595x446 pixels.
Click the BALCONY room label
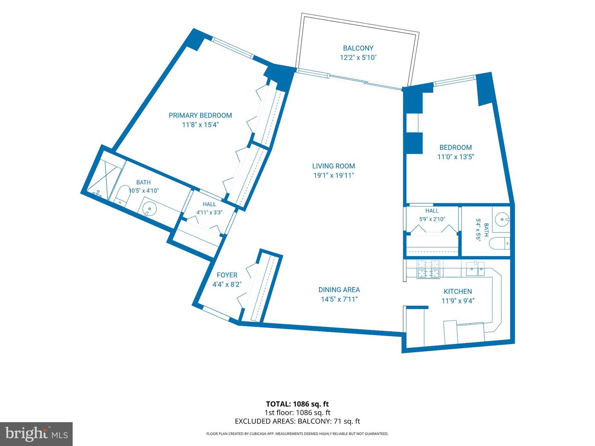point(358,48)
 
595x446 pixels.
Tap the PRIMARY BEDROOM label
point(200,115)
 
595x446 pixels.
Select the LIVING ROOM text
point(333,166)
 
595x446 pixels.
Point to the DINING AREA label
point(339,290)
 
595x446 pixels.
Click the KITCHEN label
point(457,292)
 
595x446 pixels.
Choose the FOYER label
point(227,275)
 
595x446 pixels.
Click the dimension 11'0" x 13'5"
point(455,157)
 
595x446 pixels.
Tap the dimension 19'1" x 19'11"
point(334,176)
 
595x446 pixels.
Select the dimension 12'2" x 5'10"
point(358,58)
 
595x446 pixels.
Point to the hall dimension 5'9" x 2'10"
point(432,219)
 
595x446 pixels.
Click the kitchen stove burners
point(428,269)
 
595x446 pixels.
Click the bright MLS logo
point(36,434)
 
